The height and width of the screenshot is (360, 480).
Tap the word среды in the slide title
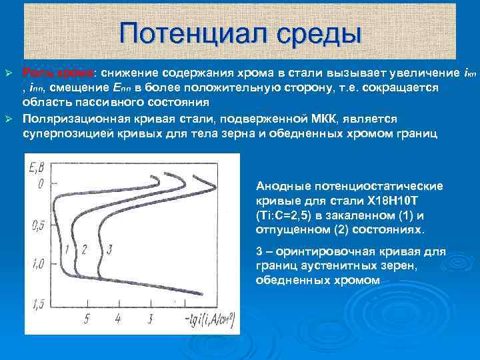click(313, 33)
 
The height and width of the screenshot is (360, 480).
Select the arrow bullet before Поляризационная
click(9, 119)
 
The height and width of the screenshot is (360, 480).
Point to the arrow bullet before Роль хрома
click(9, 71)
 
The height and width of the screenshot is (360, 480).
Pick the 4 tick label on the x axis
click(118, 319)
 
